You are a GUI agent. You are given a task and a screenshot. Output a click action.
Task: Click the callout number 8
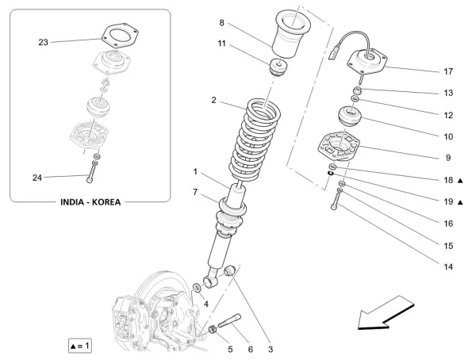click(221, 23)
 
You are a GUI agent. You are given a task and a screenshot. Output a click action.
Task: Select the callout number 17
click(448, 71)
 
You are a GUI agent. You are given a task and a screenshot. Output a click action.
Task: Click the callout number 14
click(448, 266)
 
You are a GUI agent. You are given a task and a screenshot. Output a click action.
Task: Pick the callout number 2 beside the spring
click(213, 101)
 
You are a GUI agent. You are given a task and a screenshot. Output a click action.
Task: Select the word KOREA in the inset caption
click(106, 202)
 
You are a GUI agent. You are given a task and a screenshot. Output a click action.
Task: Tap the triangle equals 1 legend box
click(81, 345)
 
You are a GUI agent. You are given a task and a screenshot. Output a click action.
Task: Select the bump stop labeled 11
click(278, 68)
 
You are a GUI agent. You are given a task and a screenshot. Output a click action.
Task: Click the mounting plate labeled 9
click(337, 148)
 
